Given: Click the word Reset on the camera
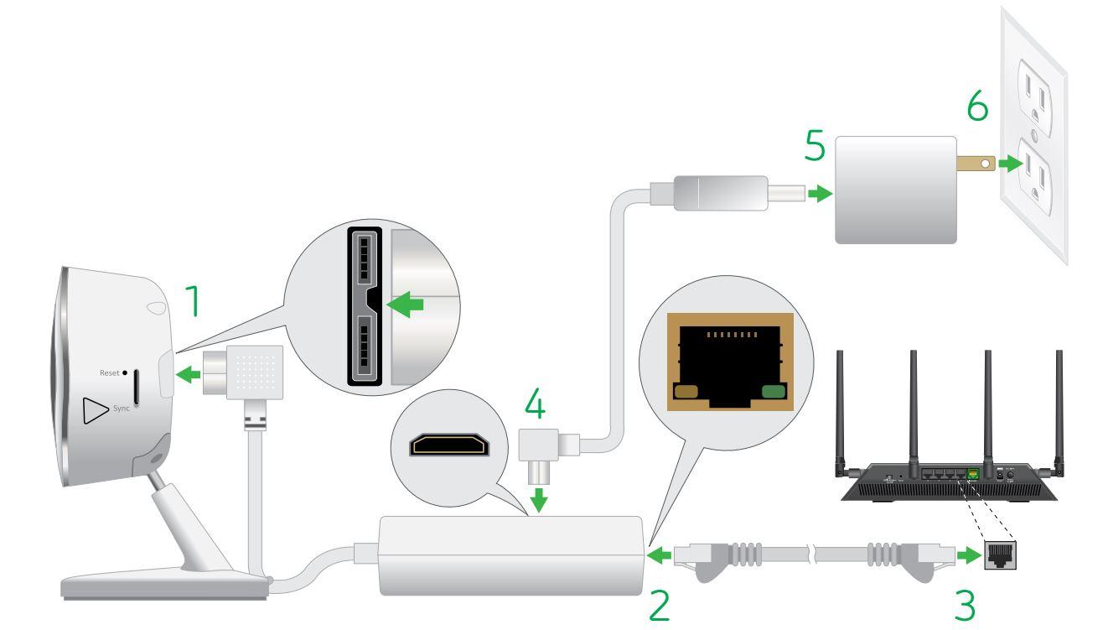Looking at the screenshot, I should (x=110, y=372).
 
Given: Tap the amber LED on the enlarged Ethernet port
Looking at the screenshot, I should (x=686, y=390).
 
